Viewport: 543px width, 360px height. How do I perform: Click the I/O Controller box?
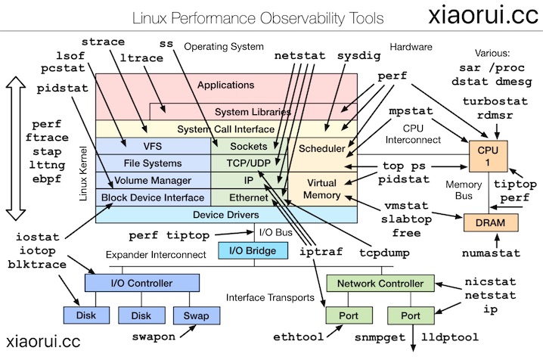click(141, 283)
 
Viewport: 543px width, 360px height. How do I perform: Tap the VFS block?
click(153, 145)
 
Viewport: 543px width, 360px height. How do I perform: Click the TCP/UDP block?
click(249, 163)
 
